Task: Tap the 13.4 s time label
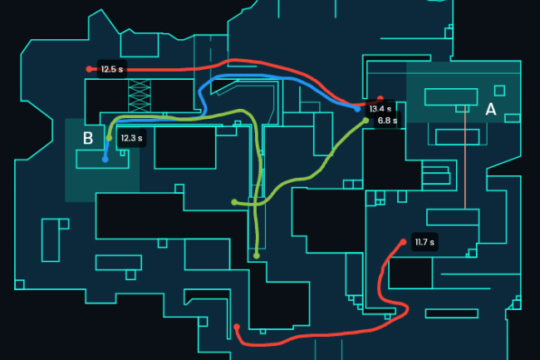tap(380, 109)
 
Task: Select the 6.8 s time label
tap(387, 121)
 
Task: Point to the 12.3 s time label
tap(131, 138)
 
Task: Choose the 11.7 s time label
tap(425, 242)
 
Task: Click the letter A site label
tap(490, 109)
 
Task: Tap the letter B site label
tap(87, 138)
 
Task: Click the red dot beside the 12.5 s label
tap(89, 69)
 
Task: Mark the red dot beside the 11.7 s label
tap(404, 242)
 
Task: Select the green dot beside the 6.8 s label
tap(366, 121)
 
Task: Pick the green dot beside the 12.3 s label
tap(110, 138)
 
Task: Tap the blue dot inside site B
tap(105, 159)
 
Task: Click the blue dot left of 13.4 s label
tap(357, 109)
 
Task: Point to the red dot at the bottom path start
tap(237, 327)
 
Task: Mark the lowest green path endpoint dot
tap(257, 255)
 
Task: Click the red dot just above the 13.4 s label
tap(380, 99)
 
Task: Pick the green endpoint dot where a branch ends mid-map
tap(234, 201)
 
